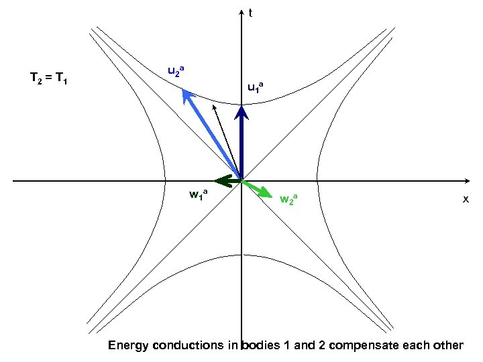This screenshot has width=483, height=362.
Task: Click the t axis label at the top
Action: [250, 12]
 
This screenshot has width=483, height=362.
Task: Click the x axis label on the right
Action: [465, 200]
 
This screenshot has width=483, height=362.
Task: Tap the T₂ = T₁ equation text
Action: [54, 78]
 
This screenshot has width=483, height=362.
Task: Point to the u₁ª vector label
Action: [256, 86]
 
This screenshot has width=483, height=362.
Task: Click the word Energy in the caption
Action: [128, 346]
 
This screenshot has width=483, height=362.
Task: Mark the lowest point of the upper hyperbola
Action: [242, 104]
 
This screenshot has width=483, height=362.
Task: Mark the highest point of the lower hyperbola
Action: [242, 254]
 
